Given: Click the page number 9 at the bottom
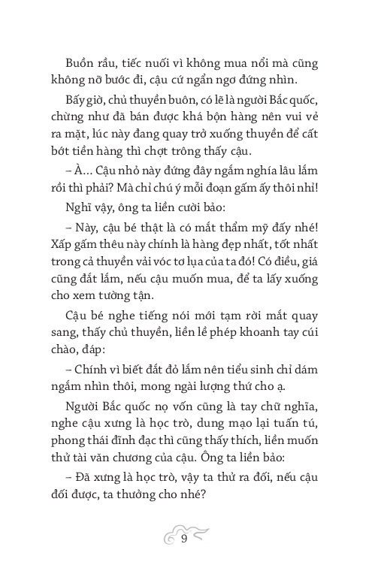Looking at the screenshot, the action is click(x=184, y=538).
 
